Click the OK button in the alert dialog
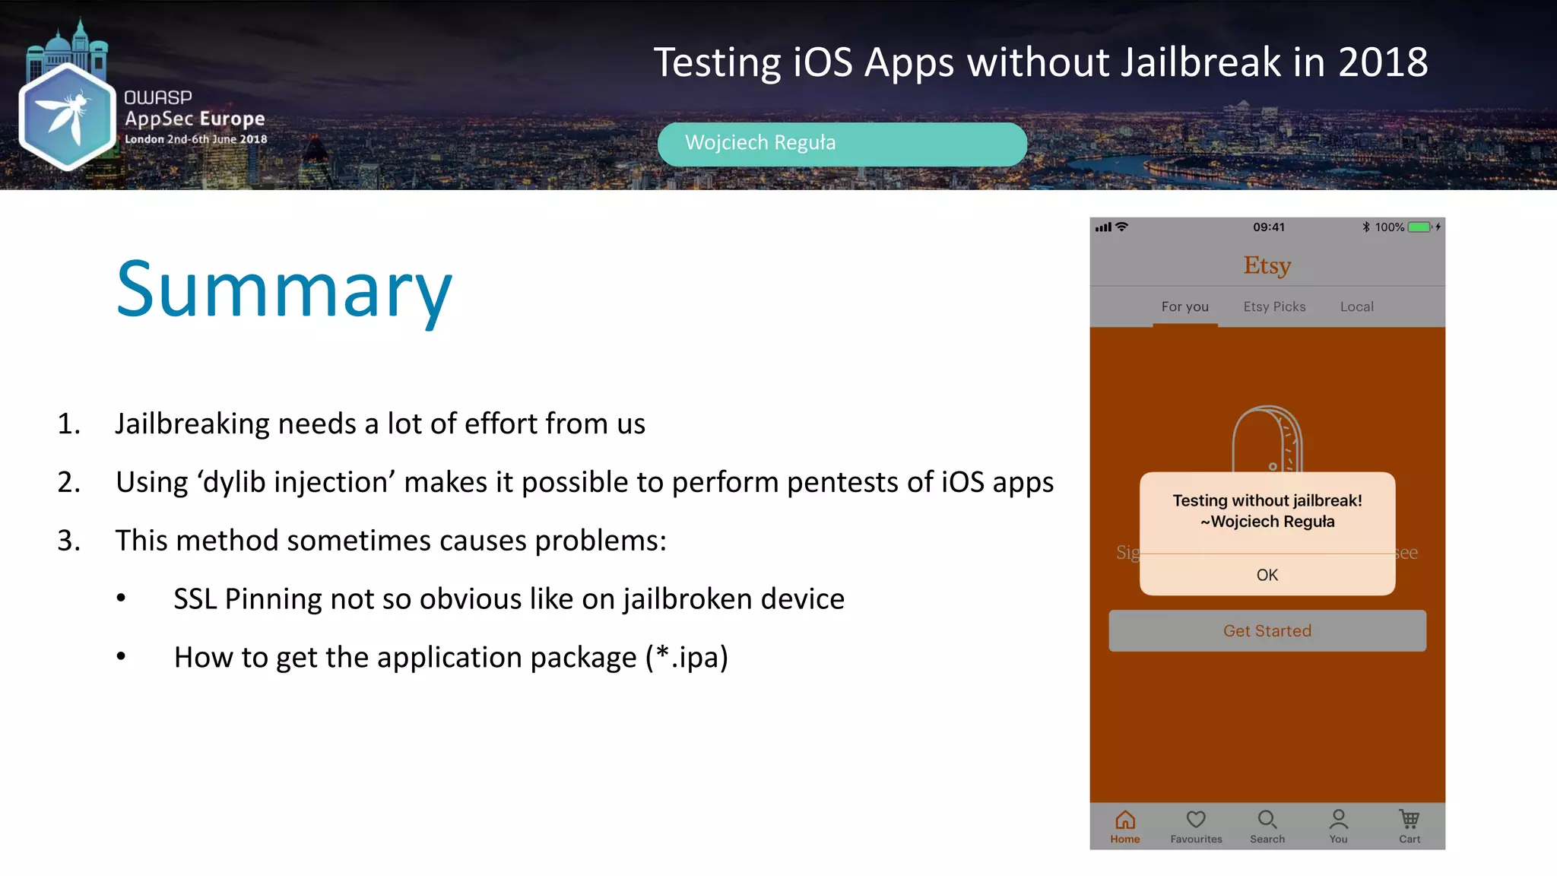(1267, 575)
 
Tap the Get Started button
(1267, 630)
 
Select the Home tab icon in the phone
(1124, 820)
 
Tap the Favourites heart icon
(1196, 820)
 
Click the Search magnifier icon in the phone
(1267, 820)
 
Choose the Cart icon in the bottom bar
(1409, 820)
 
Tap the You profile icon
(1338, 820)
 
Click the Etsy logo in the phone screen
(1267, 265)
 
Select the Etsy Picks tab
(1274, 306)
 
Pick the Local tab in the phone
(1356, 306)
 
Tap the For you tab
(1184, 306)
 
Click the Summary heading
(284, 290)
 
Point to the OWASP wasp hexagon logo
(67, 116)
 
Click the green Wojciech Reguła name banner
(842, 144)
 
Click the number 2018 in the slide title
(1382, 62)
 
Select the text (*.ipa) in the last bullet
(687, 657)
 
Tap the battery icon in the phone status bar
(1419, 227)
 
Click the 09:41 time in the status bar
(1268, 227)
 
